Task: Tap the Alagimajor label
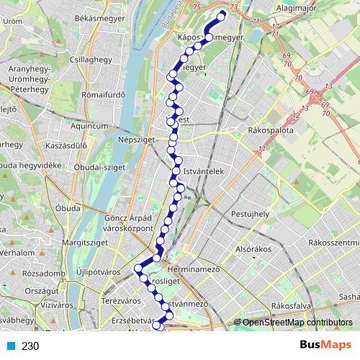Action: click(297, 9)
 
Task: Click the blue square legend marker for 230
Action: click(10, 346)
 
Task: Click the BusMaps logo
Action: click(321, 346)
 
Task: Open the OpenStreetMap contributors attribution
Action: click(296, 323)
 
